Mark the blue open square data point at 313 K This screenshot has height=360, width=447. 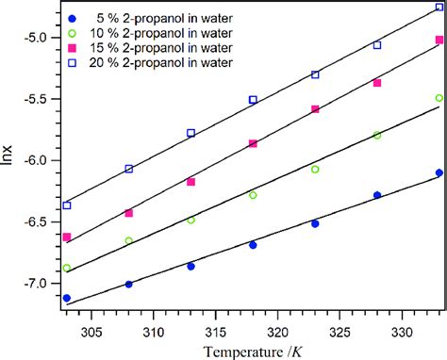pyautogui.click(x=190, y=133)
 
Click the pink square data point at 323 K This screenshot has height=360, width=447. pyautogui.click(x=315, y=109)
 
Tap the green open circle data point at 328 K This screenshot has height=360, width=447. pyautogui.click(x=377, y=135)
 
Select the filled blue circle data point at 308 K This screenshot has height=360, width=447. pyautogui.click(x=129, y=284)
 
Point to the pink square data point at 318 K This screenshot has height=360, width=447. pyautogui.click(x=253, y=143)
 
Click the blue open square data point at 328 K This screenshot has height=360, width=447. pyautogui.click(x=377, y=44)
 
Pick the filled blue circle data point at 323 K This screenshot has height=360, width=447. pyautogui.click(x=315, y=223)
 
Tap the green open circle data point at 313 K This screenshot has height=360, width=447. pyautogui.click(x=190, y=220)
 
